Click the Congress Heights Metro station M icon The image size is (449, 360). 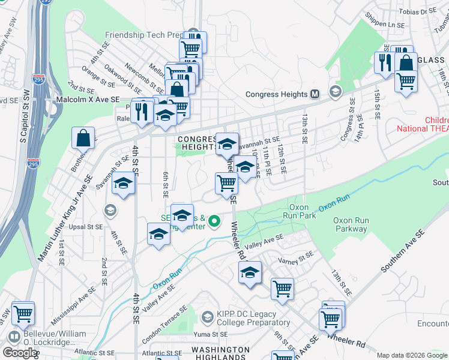click(x=315, y=94)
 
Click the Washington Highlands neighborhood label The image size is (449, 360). click(x=220, y=353)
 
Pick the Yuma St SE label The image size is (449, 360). click(x=210, y=334)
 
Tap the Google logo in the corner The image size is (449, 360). click(x=19, y=353)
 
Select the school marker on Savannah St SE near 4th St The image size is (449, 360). click(x=123, y=183)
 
